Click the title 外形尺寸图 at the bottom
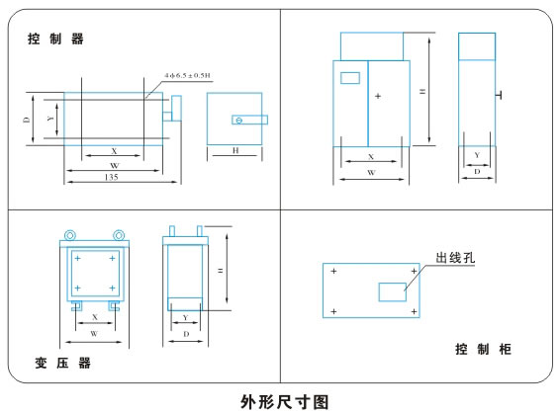tap(284, 402)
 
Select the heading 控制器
tap(55, 39)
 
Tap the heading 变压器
tap(63, 363)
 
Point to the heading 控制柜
tap(483, 349)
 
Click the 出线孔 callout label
tap(455, 258)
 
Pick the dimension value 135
tap(111, 177)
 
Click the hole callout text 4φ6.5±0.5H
tap(187, 75)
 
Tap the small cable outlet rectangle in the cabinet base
tap(392, 291)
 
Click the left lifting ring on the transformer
tap(70, 235)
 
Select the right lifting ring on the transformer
tap(119, 235)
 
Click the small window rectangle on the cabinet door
tap(350, 78)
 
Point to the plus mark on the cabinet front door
tap(378, 96)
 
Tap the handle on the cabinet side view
tap(499, 95)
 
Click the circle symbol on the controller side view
tap(239, 121)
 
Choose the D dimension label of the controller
tap(27, 120)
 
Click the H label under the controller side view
tap(235, 150)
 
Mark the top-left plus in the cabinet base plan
tap(333, 271)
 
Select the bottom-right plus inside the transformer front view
tap(112, 288)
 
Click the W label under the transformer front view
tap(94, 334)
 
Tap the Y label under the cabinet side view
tap(477, 155)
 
